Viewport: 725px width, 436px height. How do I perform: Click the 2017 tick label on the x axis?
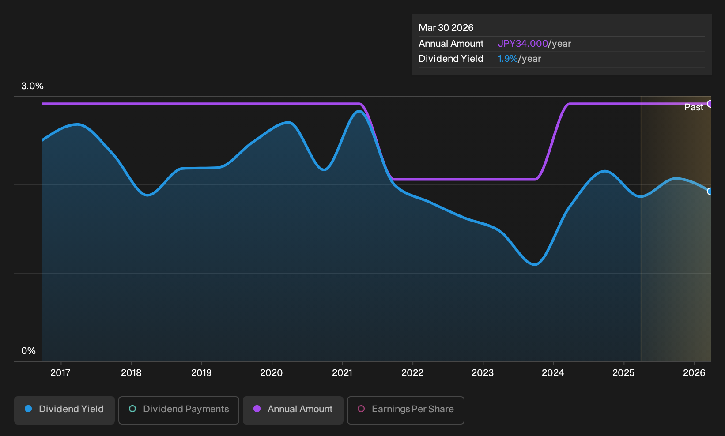pyautogui.click(x=60, y=373)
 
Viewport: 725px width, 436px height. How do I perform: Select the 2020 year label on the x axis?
pyautogui.click(x=272, y=373)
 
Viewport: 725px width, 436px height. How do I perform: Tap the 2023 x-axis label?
pyautogui.click(x=483, y=373)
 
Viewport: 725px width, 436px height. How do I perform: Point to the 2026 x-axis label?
pyautogui.click(x=694, y=373)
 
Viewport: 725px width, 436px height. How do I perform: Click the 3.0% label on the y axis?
pyautogui.click(x=32, y=86)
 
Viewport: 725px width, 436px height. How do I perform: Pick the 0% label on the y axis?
pyautogui.click(x=29, y=351)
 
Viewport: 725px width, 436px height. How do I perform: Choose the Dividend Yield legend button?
pyautogui.click(x=64, y=410)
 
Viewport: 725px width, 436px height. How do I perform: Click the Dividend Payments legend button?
pyautogui.click(x=179, y=410)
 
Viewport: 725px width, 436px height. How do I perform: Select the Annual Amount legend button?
pyautogui.click(x=293, y=410)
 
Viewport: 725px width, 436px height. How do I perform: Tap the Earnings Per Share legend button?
pyautogui.click(x=405, y=410)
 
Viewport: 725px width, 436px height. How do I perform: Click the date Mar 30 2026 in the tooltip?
pyautogui.click(x=446, y=28)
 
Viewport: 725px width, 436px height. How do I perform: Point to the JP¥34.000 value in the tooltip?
pyautogui.click(x=523, y=44)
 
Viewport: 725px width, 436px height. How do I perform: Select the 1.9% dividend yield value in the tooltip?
pyautogui.click(x=507, y=59)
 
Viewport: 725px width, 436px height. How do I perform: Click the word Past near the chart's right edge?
pyautogui.click(x=694, y=107)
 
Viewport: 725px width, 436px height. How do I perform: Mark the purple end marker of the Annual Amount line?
pyautogui.click(x=710, y=104)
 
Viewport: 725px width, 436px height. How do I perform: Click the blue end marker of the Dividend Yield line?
pyautogui.click(x=710, y=192)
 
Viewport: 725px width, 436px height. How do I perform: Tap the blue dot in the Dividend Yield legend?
pyautogui.click(x=29, y=409)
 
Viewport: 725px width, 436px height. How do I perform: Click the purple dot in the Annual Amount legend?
pyautogui.click(x=257, y=409)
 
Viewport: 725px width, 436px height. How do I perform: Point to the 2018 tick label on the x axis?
pyautogui.click(x=131, y=373)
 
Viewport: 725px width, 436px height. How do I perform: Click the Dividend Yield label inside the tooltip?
pyautogui.click(x=451, y=59)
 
